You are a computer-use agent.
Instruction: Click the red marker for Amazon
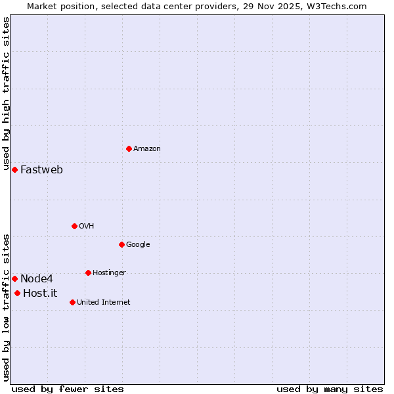[x=129, y=148]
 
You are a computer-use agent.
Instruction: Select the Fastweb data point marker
[x=14, y=169]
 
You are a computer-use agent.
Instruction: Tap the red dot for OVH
[x=74, y=226]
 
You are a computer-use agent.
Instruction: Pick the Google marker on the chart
[x=121, y=244]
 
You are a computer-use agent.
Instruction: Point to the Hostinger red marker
[x=88, y=273]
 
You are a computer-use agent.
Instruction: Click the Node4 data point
[x=14, y=278]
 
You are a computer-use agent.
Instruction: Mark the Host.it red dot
[x=17, y=293]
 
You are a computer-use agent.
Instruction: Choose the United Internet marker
[x=72, y=302]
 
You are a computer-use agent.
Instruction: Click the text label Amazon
[x=147, y=149]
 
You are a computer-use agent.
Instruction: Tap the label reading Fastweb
[x=41, y=170]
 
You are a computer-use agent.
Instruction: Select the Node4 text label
[x=36, y=279]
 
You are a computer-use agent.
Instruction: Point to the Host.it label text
[x=40, y=294]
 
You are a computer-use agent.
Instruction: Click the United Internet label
[x=103, y=303]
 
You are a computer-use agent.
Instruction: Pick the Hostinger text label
[x=109, y=273]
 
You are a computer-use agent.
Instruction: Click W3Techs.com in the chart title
[x=336, y=7]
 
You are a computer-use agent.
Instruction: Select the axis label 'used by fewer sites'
[x=68, y=389]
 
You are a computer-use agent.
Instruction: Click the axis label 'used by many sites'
[x=330, y=389]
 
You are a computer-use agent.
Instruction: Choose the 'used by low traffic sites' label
[x=7, y=307]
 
